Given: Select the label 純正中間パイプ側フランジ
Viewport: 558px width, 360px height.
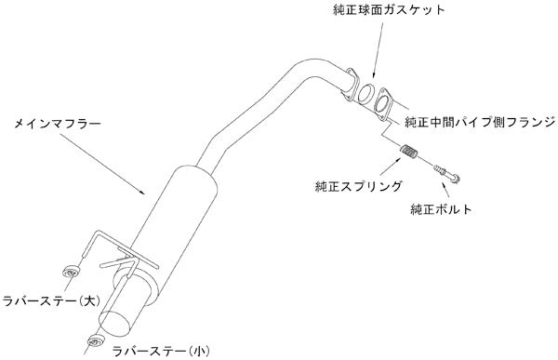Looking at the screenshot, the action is (x=480, y=121).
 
